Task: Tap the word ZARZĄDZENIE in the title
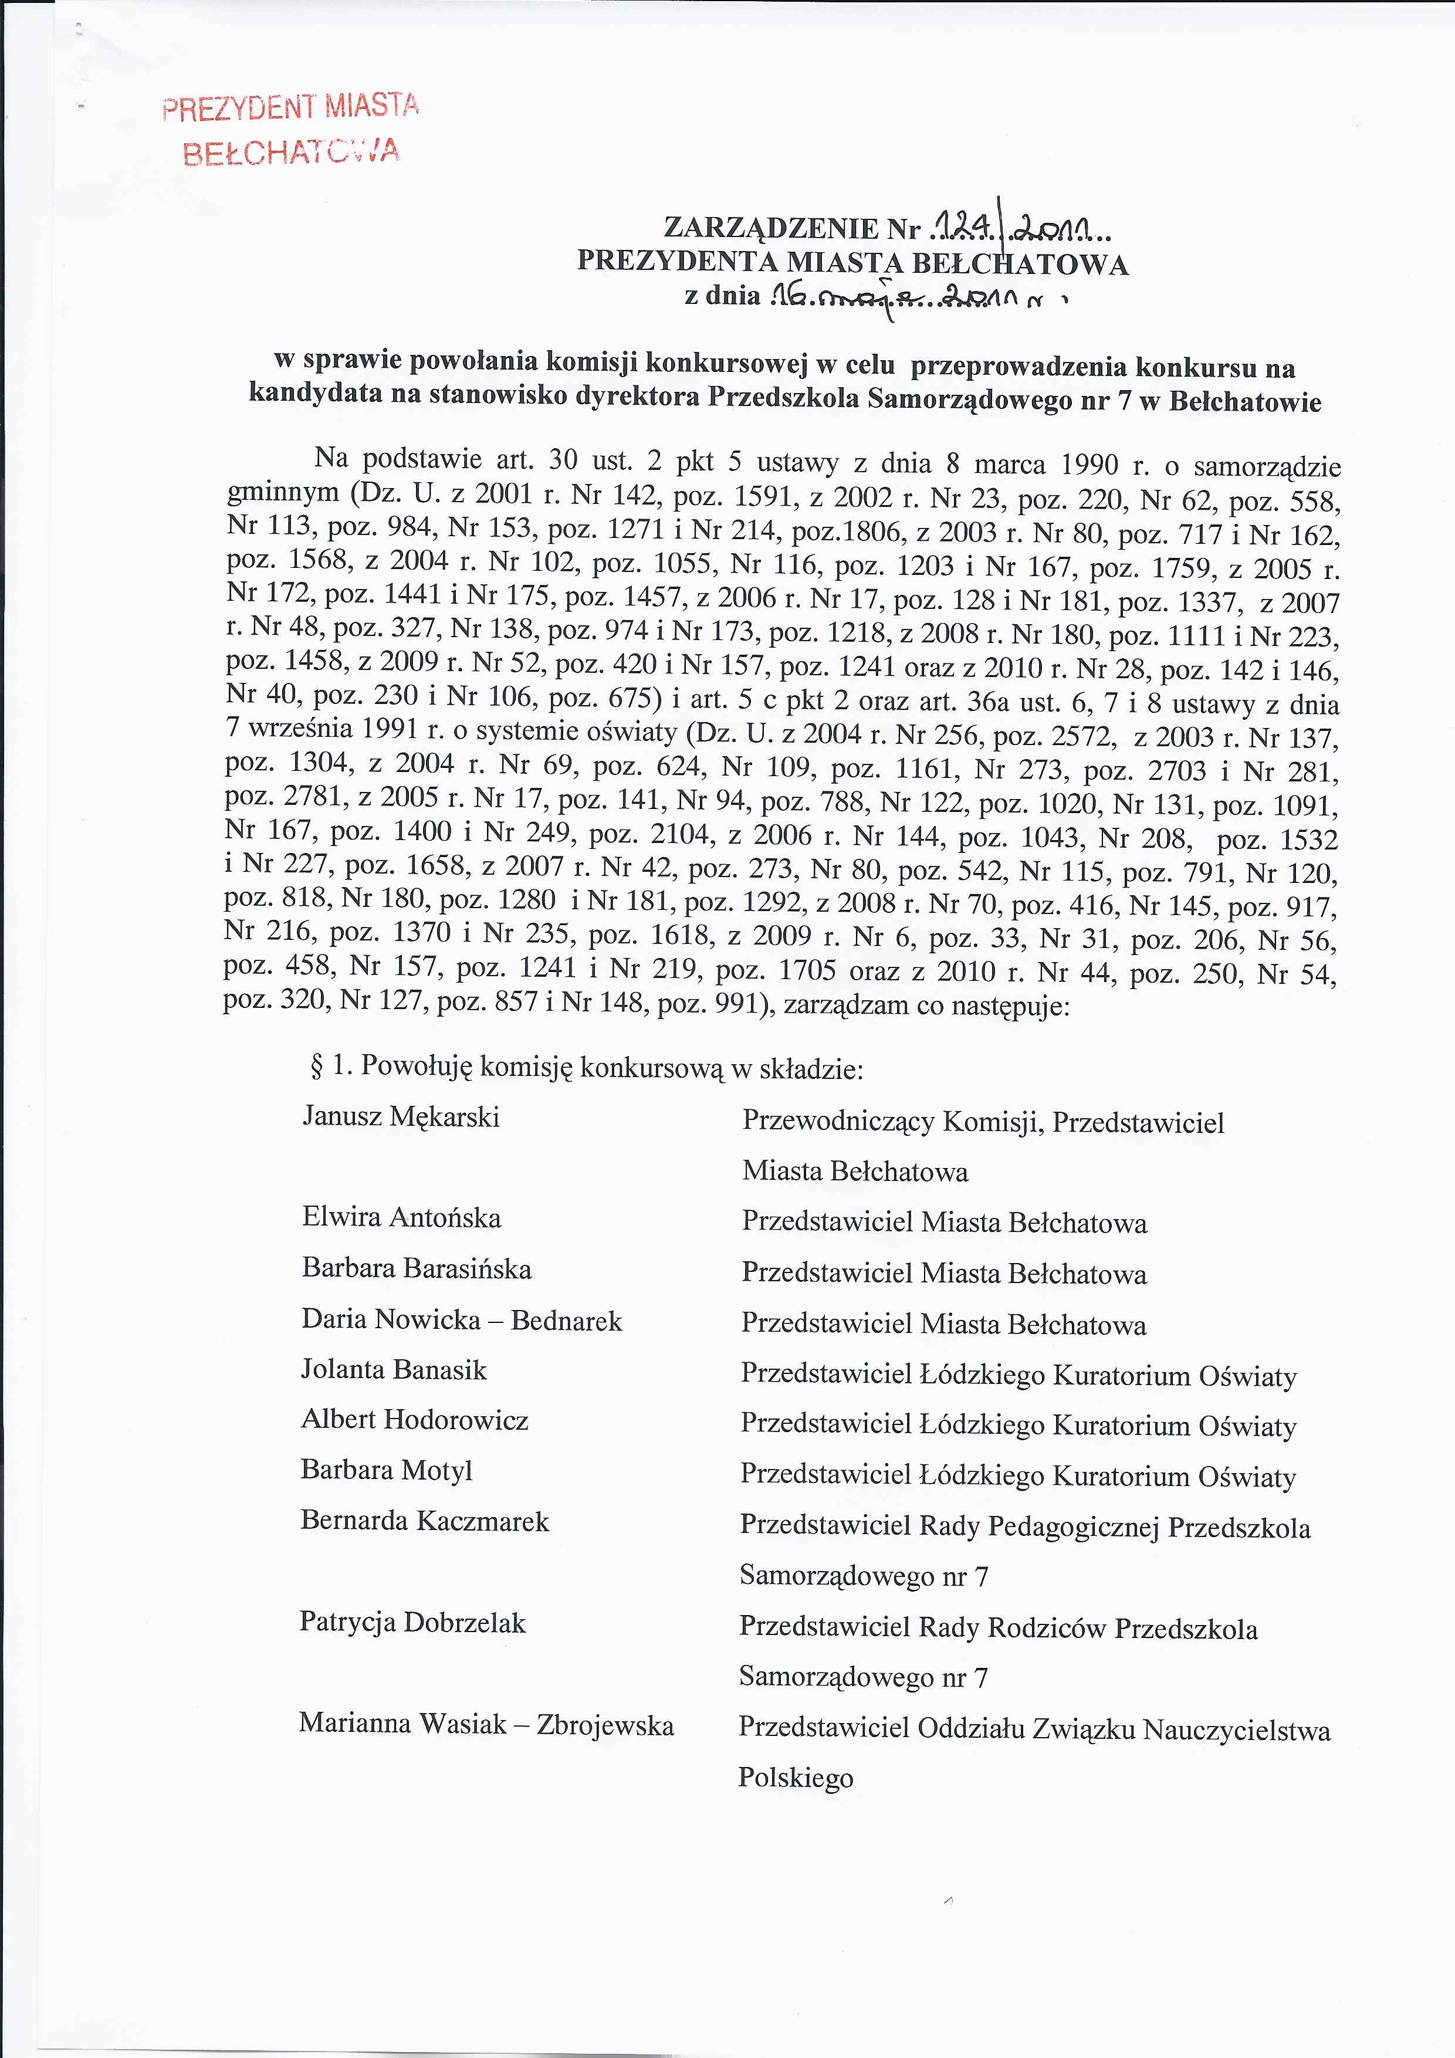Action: tap(770, 229)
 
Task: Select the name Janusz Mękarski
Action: tap(401, 1117)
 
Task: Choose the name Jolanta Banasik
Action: tap(394, 1370)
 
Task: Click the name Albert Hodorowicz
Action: tap(414, 1420)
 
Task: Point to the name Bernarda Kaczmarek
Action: tap(424, 1521)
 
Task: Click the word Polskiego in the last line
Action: tap(795, 1778)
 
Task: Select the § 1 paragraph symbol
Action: tap(316, 1067)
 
